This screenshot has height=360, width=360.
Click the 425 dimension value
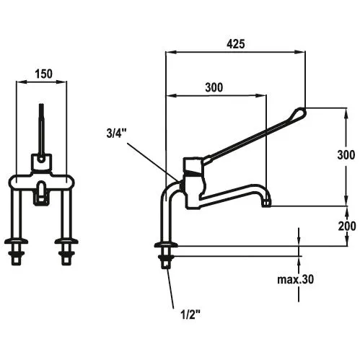pyautogui.click(x=236, y=44)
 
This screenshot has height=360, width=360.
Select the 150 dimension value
pyautogui.click(x=43, y=74)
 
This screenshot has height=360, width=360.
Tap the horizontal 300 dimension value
pyautogui.click(x=214, y=87)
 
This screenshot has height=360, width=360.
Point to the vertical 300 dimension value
pyautogui.click(x=346, y=155)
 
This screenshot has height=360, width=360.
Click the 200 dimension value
pyautogui.click(x=347, y=226)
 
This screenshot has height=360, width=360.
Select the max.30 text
pyautogui.click(x=296, y=279)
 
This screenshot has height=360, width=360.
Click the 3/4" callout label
pyautogui.click(x=116, y=133)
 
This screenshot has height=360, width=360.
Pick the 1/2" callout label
pyautogui.click(x=190, y=314)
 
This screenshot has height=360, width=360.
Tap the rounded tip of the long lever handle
pyautogui.click(x=301, y=113)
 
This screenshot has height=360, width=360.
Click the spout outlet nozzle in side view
pyautogui.click(x=266, y=203)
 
